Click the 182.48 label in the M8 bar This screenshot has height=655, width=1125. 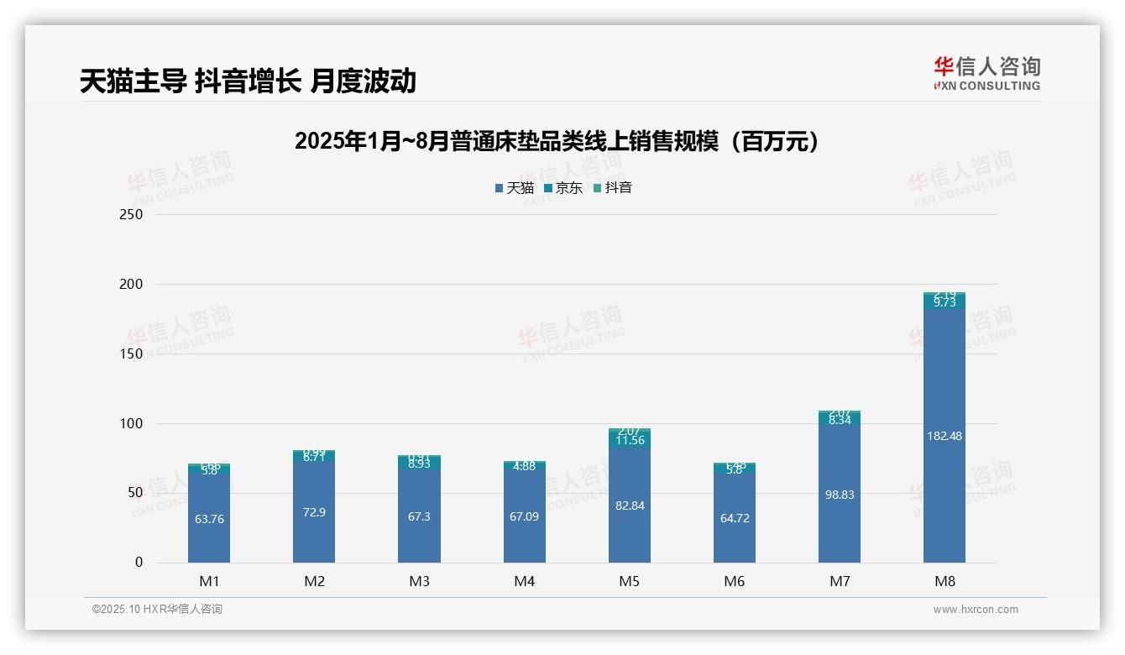point(944,436)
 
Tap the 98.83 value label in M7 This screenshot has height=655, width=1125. point(840,495)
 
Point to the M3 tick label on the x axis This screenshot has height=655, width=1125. point(419,581)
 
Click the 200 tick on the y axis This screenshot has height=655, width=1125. point(133,285)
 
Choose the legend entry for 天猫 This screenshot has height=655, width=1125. point(514,188)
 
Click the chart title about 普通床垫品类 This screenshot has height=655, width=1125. point(556,141)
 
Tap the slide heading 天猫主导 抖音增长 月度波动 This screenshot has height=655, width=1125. point(248,81)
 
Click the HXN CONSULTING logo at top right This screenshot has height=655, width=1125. point(986,74)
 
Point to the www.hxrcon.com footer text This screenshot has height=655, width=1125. point(976,610)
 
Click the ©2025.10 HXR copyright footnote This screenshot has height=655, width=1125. point(157,610)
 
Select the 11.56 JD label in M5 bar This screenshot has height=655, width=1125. point(630,440)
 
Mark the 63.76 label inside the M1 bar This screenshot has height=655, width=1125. point(209,519)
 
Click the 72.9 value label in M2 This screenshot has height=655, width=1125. point(314,512)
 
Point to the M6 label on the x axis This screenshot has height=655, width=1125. point(734,581)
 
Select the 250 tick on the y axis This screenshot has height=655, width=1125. point(133,215)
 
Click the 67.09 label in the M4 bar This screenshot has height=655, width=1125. point(524,516)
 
